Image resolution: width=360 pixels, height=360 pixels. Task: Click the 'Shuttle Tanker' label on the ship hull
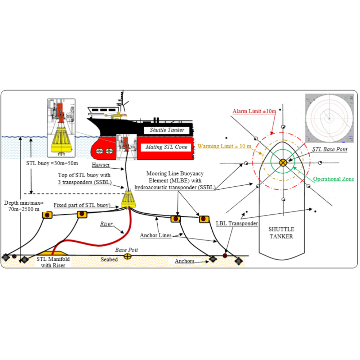(x=167, y=130)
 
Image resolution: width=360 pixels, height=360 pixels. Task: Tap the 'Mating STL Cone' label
(x=166, y=147)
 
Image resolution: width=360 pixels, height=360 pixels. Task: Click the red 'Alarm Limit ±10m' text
(x=254, y=111)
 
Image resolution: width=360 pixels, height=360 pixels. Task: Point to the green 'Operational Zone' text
(x=333, y=179)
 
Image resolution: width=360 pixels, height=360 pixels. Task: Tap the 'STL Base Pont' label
(x=330, y=149)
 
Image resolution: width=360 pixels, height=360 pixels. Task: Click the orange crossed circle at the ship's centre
(x=283, y=163)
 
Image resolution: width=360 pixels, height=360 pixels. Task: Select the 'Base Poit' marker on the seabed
(x=127, y=256)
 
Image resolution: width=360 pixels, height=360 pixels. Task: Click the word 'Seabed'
(x=109, y=259)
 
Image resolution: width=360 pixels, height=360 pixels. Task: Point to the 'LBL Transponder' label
(x=237, y=224)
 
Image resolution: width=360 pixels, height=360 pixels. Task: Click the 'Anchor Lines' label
(x=156, y=236)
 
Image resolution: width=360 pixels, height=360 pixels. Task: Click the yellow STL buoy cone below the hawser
(x=128, y=199)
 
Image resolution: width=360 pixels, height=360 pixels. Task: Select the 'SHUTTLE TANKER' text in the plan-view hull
(x=282, y=233)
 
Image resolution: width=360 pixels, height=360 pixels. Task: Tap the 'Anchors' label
(x=184, y=261)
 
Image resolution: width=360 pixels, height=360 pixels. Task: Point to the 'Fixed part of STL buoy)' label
(x=81, y=205)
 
